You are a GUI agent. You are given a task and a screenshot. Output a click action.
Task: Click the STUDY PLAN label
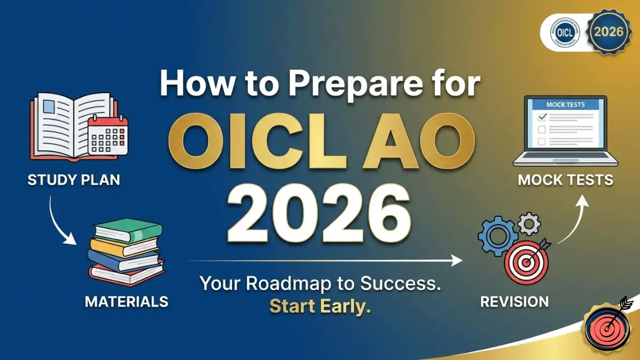74,180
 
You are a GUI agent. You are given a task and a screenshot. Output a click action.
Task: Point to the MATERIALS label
126,301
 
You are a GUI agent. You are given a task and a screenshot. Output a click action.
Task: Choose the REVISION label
514,301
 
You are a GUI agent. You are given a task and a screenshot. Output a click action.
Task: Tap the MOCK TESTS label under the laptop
565,180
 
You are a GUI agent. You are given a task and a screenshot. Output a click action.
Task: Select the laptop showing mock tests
565,131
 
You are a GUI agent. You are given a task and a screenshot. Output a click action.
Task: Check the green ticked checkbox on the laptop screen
542,117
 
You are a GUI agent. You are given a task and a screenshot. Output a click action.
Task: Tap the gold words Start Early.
319,307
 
